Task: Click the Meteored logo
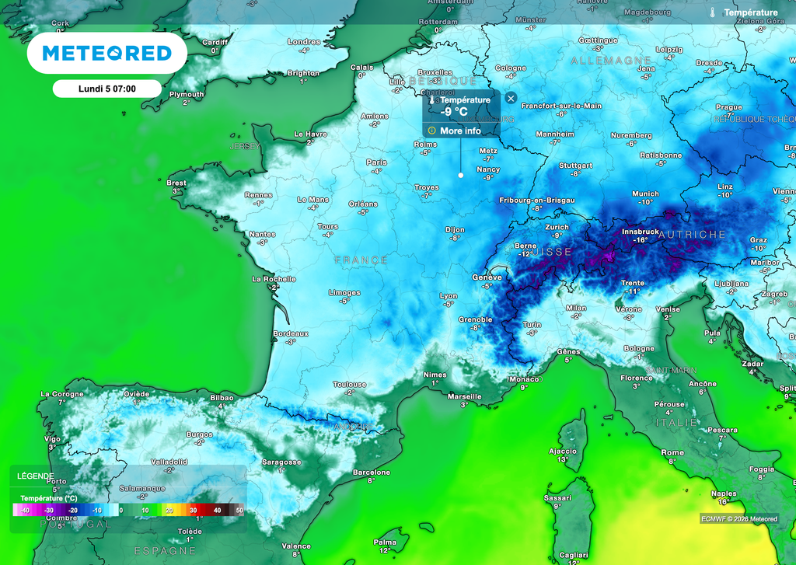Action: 106,53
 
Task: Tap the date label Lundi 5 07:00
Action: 107,89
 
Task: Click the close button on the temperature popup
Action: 510,98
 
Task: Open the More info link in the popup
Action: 460,131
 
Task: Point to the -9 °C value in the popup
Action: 454,112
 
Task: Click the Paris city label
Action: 376,162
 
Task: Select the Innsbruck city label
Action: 640,232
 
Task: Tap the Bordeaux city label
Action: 291,333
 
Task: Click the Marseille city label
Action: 465,396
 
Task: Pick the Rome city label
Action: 672,452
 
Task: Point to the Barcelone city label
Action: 372,473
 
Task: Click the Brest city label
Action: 176,183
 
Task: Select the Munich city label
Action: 645,194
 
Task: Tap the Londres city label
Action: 304,42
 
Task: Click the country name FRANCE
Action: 361,260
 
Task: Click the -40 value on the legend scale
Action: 26,510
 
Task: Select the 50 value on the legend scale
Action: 239,510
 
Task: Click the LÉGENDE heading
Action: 36,476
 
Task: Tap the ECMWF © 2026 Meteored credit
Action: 738,518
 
